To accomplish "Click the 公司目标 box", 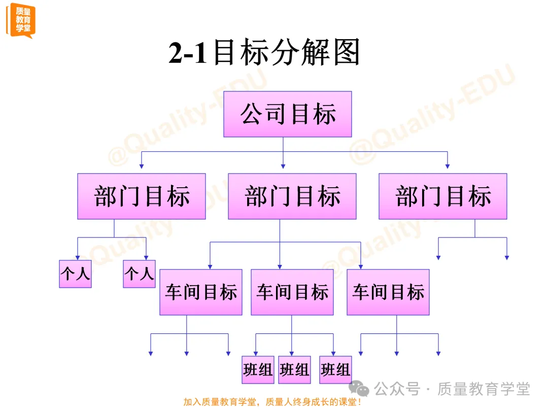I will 288,114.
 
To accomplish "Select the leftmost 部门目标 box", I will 142,196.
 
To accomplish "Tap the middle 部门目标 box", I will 292,196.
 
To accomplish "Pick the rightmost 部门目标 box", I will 443,196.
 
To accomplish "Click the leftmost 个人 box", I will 75,274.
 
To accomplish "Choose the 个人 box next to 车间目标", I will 139,274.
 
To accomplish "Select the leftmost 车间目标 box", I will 201,292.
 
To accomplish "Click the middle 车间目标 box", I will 292,292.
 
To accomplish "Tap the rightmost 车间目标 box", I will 388,292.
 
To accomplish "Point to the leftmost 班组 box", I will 258,369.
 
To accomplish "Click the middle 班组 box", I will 294,369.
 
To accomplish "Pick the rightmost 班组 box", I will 335,369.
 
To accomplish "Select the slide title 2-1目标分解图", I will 264,53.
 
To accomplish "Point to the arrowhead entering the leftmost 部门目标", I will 142,165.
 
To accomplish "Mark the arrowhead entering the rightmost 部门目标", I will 447,165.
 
